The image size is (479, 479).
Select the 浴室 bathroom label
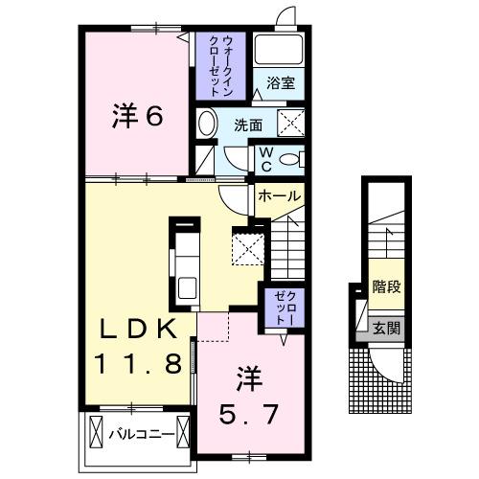(x=280, y=83)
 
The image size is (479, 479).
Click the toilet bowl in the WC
(x=293, y=159)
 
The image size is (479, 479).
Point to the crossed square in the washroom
(x=291, y=123)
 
